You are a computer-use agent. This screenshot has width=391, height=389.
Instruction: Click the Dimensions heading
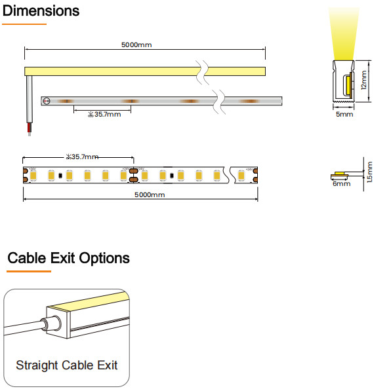tap(41, 11)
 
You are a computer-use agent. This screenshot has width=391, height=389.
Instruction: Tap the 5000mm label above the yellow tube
tap(137, 45)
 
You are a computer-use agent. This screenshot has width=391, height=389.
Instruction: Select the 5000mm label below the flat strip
tap(150, 195)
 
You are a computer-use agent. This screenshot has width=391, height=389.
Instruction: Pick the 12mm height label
tap(363, 81)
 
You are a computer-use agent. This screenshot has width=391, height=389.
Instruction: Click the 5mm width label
tap(344, 114)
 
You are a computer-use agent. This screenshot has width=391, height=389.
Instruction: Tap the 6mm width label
tap(341, 184)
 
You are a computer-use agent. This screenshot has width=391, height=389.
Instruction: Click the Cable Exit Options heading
tap(68, 258)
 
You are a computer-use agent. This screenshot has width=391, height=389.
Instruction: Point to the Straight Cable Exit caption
tap(67, 365)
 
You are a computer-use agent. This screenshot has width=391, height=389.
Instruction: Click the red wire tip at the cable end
tap(28, 132)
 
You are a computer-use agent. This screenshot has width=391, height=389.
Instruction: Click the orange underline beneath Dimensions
tap(24, 24)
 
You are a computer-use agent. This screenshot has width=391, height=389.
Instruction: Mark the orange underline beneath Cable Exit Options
tap(29, 270)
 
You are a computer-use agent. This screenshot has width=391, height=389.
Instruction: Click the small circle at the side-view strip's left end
tap(47, 101)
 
